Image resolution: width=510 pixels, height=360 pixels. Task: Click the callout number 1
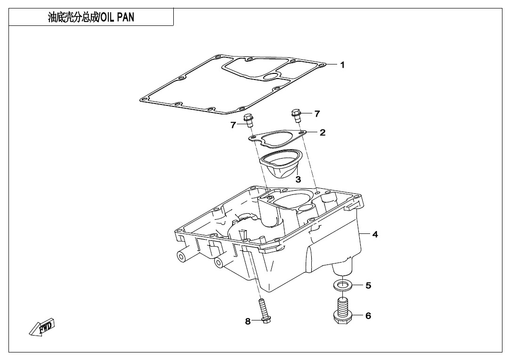[342, 65]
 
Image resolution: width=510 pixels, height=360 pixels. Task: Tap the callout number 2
[322, 133]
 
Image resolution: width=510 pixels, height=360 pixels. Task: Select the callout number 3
[298, 179]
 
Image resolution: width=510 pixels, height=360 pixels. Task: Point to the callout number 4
[375, 234]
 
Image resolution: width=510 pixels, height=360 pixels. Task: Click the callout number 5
[368, 285]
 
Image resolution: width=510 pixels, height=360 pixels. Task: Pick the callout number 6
[368, 315]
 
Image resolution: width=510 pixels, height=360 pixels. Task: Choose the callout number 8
[248, 321]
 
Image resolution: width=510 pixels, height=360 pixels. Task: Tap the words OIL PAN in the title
[117, 17]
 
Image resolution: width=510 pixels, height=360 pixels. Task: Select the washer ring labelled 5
[341, 286]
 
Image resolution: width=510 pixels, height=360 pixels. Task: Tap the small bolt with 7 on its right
[296, 115]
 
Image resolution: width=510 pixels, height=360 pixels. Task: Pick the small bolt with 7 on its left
[249, 120]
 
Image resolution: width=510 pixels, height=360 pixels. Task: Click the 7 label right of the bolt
[317, 114]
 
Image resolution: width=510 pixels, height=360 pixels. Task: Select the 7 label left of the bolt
[233, 125]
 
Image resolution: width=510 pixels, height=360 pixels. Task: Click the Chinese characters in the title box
[73, 17]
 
